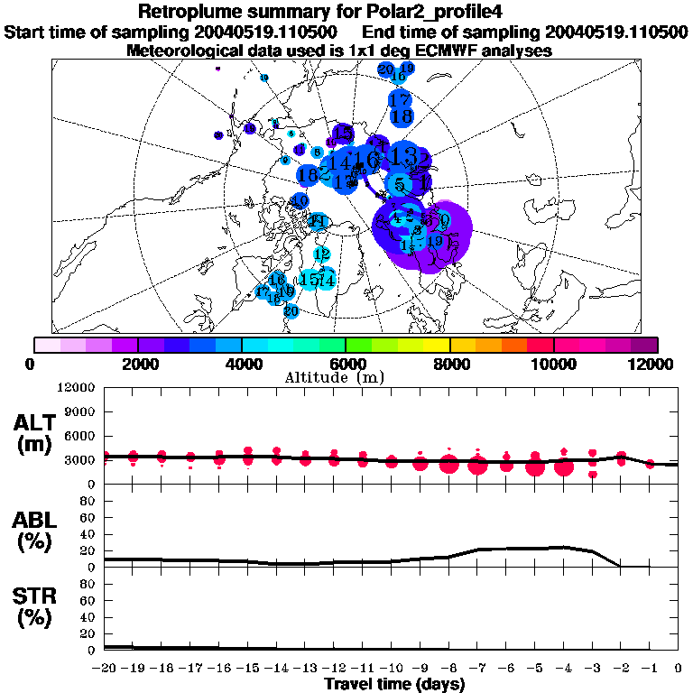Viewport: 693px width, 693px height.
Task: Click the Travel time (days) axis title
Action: coord(394,685)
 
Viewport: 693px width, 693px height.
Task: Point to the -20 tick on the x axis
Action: coord(106,669)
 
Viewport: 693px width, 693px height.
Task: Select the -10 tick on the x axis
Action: coord(391,669)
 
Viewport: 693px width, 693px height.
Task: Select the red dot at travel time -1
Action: coord(650,464)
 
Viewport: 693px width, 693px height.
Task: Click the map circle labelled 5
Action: coord(399,185)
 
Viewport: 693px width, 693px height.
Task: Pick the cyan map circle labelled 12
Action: coord(321,254)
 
